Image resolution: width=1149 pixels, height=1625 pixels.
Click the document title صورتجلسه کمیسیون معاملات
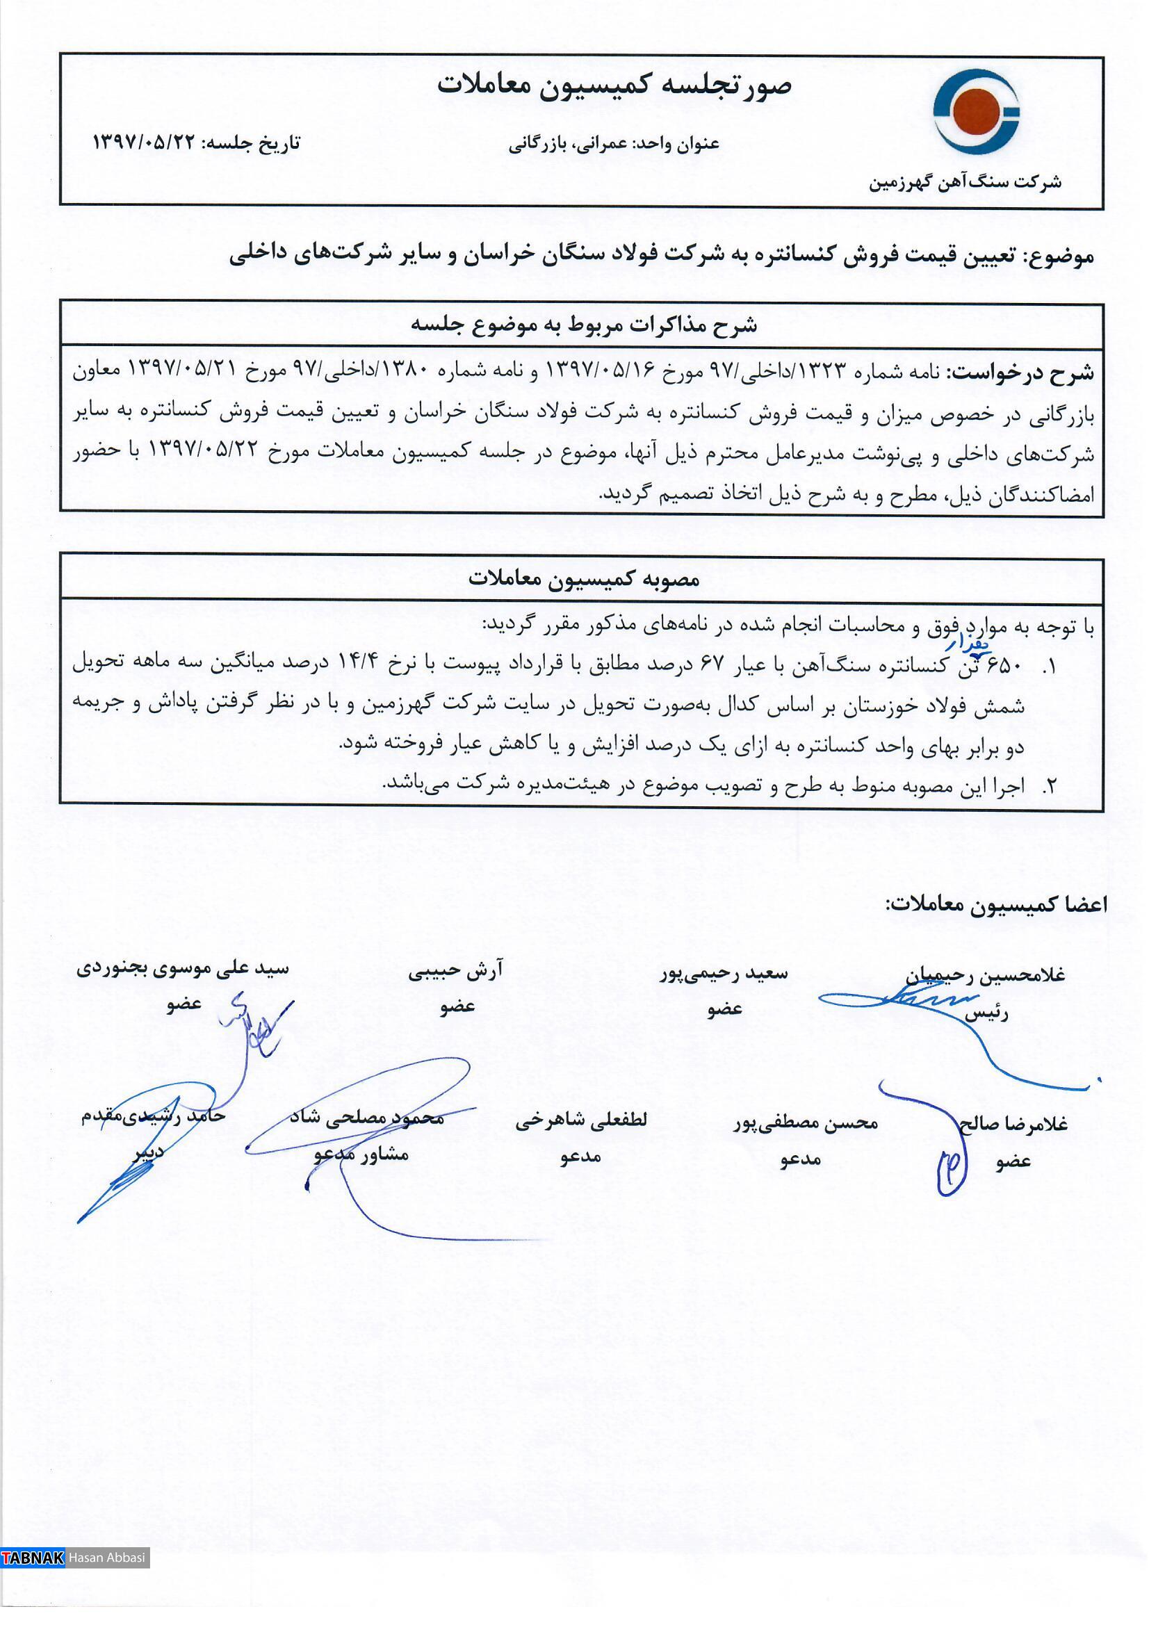click(614, 85)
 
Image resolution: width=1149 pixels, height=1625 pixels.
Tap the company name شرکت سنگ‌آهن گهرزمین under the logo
click(965, 183)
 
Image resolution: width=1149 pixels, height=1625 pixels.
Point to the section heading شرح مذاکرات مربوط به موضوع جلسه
click(584, 325)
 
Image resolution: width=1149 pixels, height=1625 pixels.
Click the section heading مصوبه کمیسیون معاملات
click(584, 579)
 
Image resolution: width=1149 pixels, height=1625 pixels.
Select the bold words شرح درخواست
click(1022, 373)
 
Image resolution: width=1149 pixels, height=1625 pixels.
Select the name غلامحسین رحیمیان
click(985, 975)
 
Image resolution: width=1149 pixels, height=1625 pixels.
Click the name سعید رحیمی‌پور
click(724, 974)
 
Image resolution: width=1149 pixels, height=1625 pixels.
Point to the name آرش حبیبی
click(456, 972)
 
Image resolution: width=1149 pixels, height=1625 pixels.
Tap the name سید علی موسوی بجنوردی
click(183, 968)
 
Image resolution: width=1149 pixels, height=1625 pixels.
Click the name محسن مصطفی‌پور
click(805, 1122)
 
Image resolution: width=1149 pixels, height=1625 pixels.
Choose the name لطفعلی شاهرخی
click(581, 1120)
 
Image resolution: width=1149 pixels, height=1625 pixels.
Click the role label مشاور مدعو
click(361, 1154)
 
